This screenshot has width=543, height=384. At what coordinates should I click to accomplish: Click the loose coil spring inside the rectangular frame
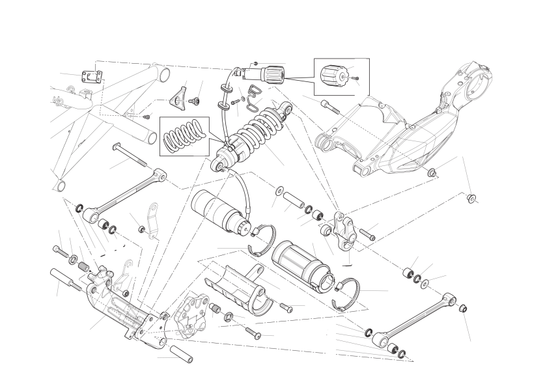tap(183, 135)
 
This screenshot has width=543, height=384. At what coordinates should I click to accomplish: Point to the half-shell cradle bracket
tap(238, 290)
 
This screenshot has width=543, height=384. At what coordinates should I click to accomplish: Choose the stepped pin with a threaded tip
tap(64, 279)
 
